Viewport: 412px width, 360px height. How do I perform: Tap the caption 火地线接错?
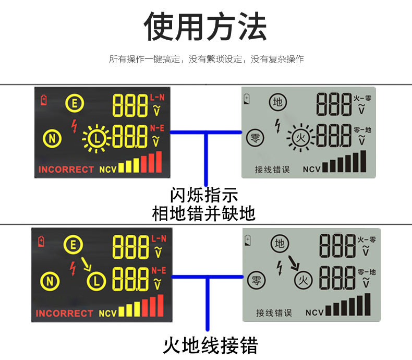click(210, 345)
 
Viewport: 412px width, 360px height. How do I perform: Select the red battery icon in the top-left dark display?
click(43, 99)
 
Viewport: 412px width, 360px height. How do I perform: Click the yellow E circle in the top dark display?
click(74, 103)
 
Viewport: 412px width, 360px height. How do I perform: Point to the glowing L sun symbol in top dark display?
click(96, 138)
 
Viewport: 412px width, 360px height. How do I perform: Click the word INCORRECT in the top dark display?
click(66, 170)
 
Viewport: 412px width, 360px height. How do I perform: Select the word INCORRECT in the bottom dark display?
click(64, 314)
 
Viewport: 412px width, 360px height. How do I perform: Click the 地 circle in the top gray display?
click(278, 102)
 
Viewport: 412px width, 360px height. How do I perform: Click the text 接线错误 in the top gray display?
click(272, 170)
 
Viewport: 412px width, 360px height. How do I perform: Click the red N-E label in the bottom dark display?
click(158, 270)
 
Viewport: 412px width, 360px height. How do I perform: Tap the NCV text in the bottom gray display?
click(316, 313)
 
